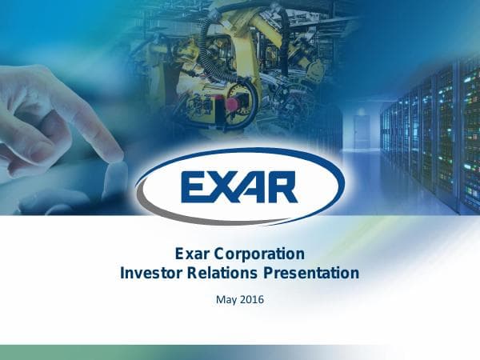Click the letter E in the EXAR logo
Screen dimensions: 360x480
(195, 186)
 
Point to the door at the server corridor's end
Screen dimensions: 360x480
(362, 131)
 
